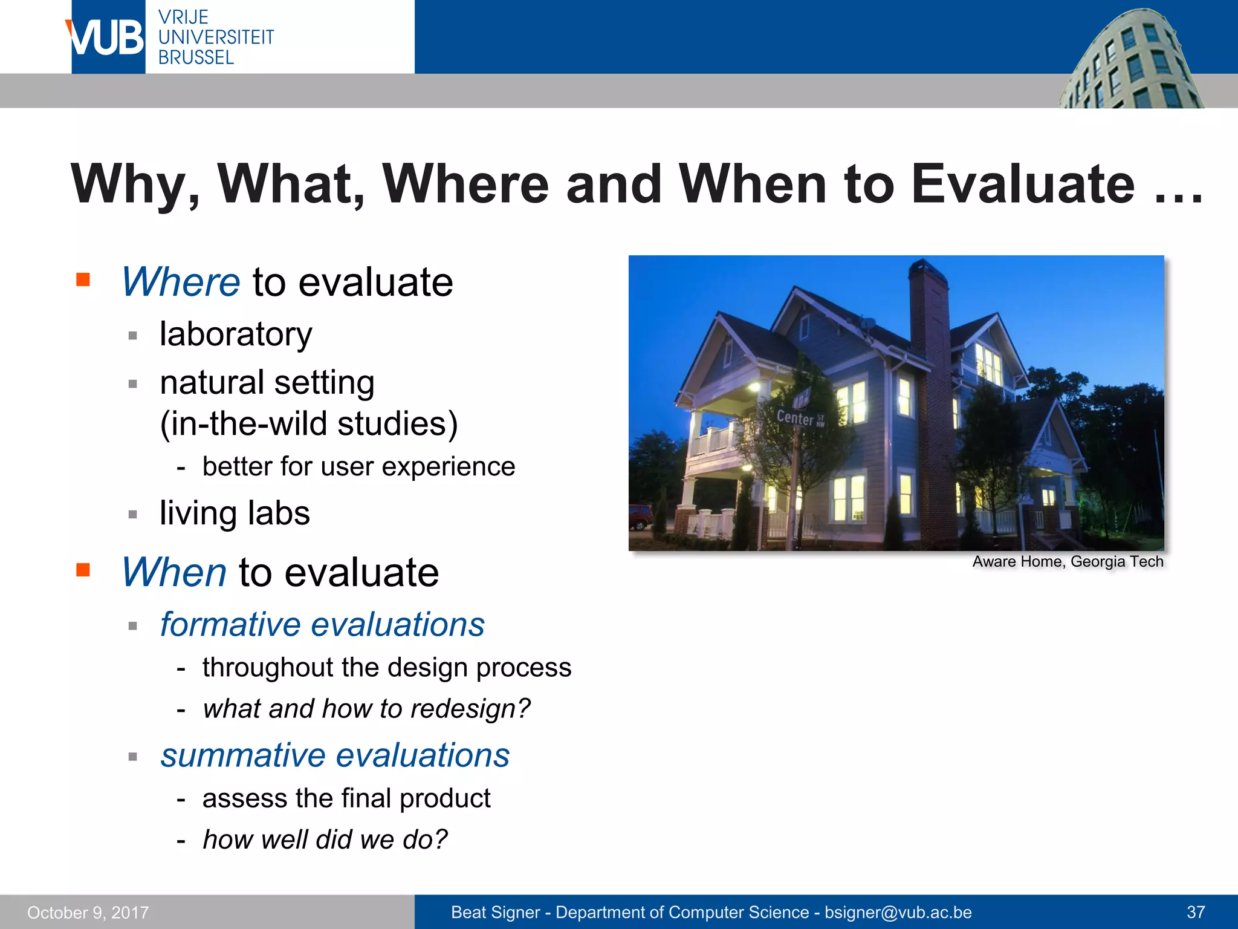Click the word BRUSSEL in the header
[196, 57]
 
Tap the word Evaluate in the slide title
[1023, 184]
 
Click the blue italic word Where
[181, 282]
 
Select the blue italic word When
[174, 572]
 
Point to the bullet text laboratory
[236, 334]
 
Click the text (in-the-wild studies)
[309, 423]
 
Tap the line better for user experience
[358, 466]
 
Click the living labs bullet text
[235, 513]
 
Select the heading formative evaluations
[322, 624]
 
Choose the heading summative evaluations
[335, 755]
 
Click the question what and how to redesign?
[366, 708]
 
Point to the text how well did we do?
[325, 839]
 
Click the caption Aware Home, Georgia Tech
[1068, 561]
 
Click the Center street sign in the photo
[797, 417]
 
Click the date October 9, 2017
[88, 913]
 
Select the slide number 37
[1196, 912]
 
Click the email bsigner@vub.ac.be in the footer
[898, 912]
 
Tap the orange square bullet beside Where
[83, 279]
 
